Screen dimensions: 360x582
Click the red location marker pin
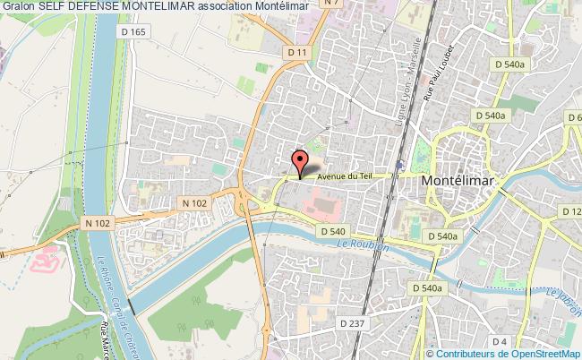tap(300, 162)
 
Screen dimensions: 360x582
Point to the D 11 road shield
tap(298, 54)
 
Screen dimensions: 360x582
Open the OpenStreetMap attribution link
tap(541, 354)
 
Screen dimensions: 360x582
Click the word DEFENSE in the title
tap(91, 6)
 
